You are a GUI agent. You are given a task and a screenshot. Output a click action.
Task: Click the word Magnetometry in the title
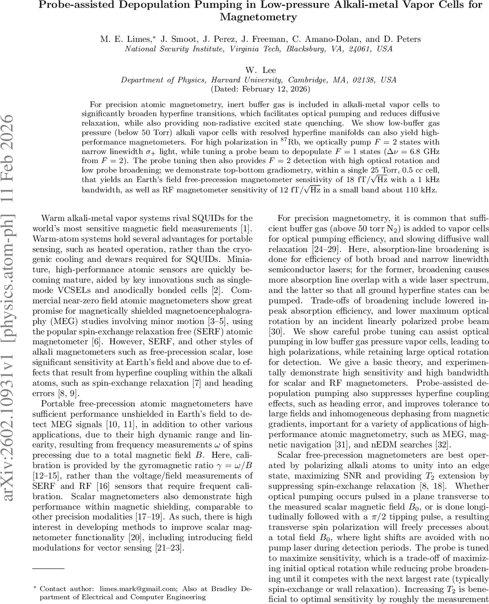(x=258, y=17)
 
